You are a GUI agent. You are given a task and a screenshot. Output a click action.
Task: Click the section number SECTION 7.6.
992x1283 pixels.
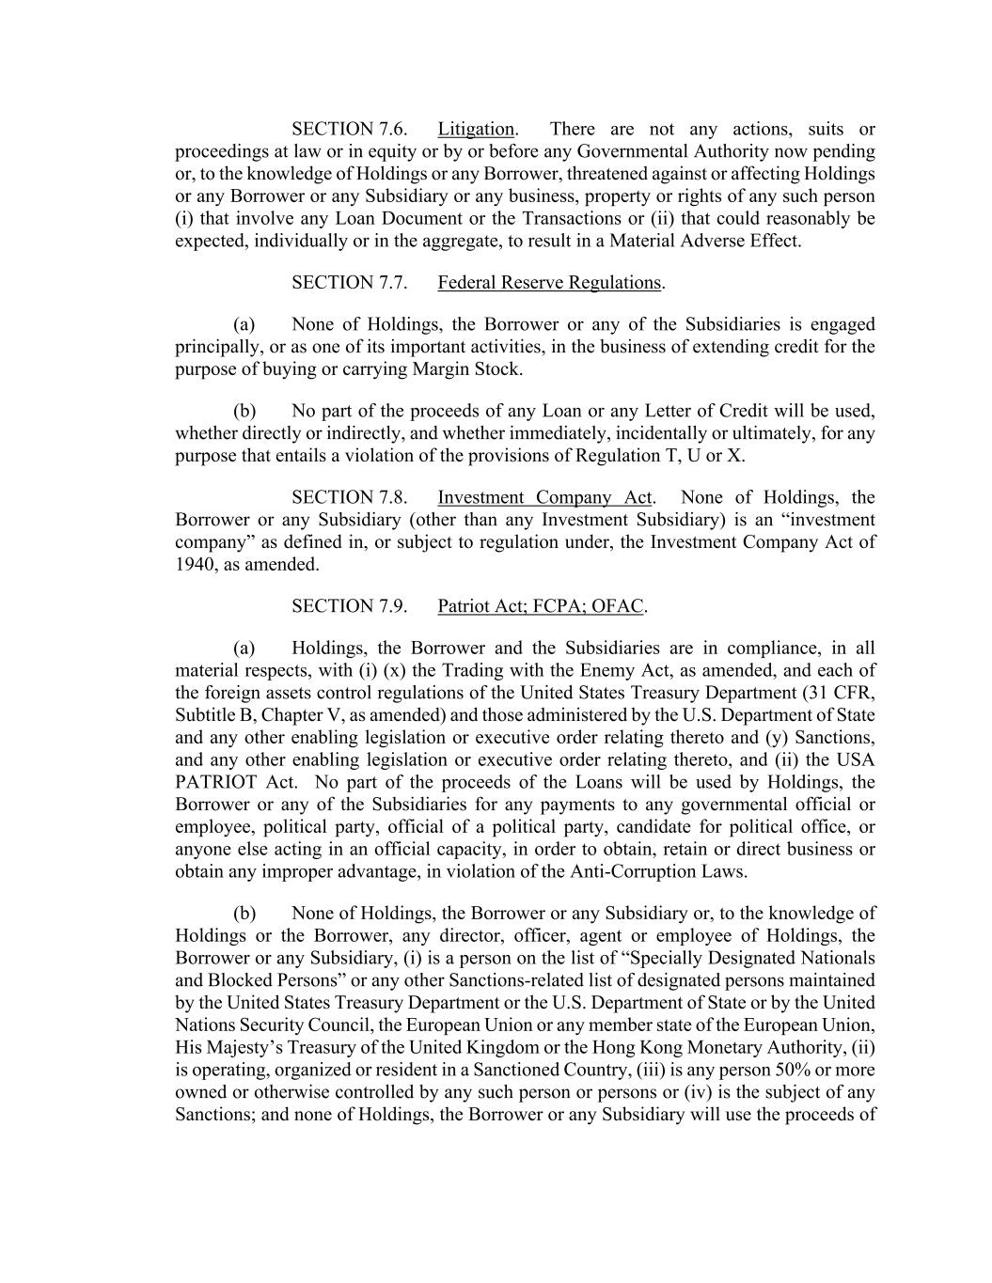coord(349,129)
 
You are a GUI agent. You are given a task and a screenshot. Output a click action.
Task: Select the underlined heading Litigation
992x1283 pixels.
coord(476,129)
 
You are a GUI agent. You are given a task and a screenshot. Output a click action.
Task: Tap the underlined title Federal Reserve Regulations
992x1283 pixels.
coord(550,282)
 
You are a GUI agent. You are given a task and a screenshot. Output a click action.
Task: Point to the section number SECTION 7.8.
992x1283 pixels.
coord(349,497)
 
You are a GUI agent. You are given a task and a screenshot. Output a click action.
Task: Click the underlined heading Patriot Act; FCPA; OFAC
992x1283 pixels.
coord(541,606)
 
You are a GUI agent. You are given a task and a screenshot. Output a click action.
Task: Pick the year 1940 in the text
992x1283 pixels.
coord(195,565)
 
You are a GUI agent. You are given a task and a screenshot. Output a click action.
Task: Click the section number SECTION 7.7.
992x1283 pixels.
coord(349,282)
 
